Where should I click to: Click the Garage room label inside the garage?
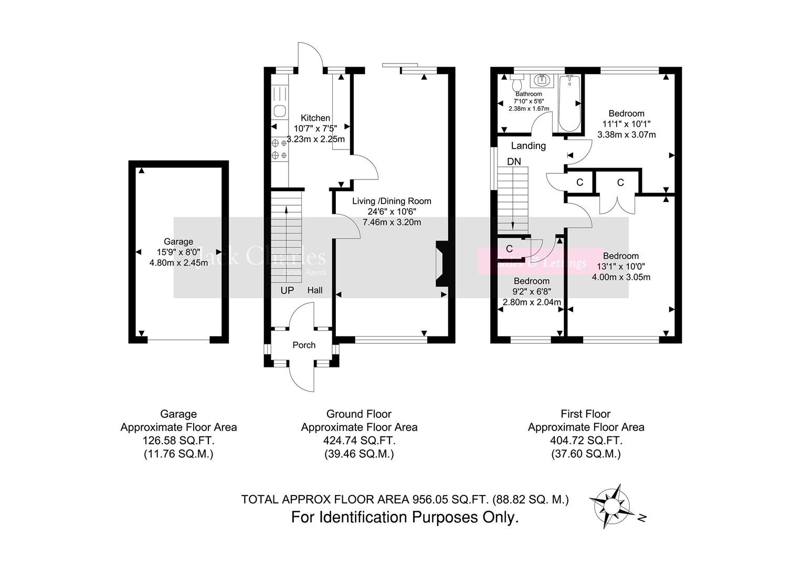pos(178,241)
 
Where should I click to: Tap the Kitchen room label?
pos(315,118)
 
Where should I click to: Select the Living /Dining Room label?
pos(392,201)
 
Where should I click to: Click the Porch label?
pos(304,345)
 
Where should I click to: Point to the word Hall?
pos(315,290)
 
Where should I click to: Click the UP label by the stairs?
pos(287,290)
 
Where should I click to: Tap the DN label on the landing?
pos(514,162)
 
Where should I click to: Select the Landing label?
pos(528,146)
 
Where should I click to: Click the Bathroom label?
pos(529,94)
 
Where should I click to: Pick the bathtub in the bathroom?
pos(569,103)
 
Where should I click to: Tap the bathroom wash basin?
pos(541,81)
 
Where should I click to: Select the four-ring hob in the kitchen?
pos(279,149)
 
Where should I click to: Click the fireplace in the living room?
pos(441,264)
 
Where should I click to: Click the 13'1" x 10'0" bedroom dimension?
pos(621,267)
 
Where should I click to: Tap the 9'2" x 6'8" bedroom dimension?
pos(532,291)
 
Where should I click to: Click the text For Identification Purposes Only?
pos(405,518)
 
